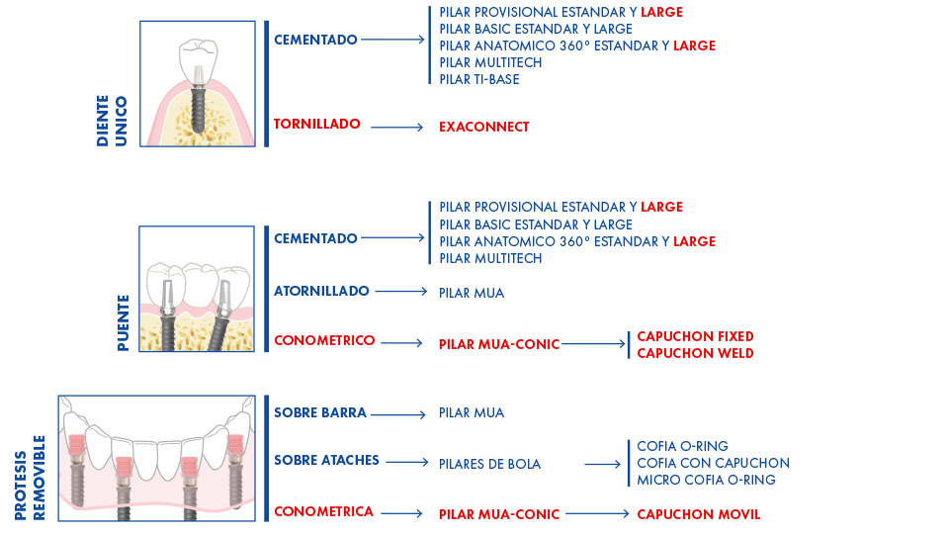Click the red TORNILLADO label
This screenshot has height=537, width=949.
point(316,124)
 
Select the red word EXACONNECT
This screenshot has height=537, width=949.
point(484,128)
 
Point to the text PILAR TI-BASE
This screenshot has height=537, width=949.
point(479,79)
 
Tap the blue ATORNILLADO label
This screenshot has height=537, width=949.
point(321,291)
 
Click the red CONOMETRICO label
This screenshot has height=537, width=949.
point(324,341)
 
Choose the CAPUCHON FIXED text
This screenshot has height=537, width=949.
point(695,336)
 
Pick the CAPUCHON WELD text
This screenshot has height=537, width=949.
point(695,354)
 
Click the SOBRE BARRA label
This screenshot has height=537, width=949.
point(320,413)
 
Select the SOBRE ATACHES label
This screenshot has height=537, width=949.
point(327,460)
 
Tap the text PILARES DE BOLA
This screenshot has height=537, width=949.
point(489,465)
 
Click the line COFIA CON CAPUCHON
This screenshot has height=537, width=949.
point(713,463)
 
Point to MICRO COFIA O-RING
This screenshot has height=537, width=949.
point(706,480)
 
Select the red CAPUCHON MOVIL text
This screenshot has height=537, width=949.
point(699,514)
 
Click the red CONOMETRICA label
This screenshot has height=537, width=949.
point(324,511)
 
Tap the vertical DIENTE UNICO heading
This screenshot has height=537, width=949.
point(112,121)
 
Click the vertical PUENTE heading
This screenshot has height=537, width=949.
point(123,322)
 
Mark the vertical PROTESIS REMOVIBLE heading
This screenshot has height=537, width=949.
point(30,478)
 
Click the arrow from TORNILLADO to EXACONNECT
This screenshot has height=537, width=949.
point(397,128)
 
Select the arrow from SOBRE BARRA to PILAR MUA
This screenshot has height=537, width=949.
point(398,414)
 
